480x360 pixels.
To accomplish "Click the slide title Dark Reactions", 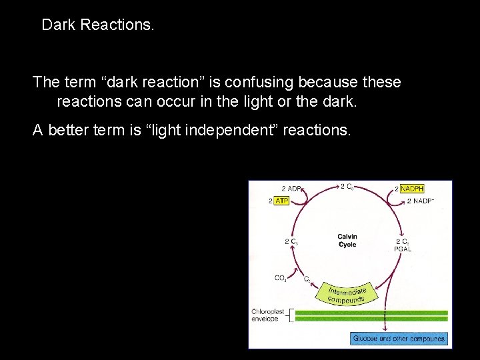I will point(97,25).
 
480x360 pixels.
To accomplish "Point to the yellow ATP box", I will point(281,200).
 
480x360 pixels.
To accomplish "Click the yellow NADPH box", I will point(412,189).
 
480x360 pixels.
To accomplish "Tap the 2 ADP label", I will point(289,189).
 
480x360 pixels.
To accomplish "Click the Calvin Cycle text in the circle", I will point(347,241).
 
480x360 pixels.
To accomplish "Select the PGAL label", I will point(403,249).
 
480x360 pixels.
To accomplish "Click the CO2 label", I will point(281,278).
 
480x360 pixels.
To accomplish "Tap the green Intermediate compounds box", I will point(347,292).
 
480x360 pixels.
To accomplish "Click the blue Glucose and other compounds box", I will point(399,339).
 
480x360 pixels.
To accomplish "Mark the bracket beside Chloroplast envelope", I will point(289,315).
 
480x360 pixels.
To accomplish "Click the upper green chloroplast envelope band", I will point(373,312).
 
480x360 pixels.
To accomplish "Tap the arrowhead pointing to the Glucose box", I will point(385,330).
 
